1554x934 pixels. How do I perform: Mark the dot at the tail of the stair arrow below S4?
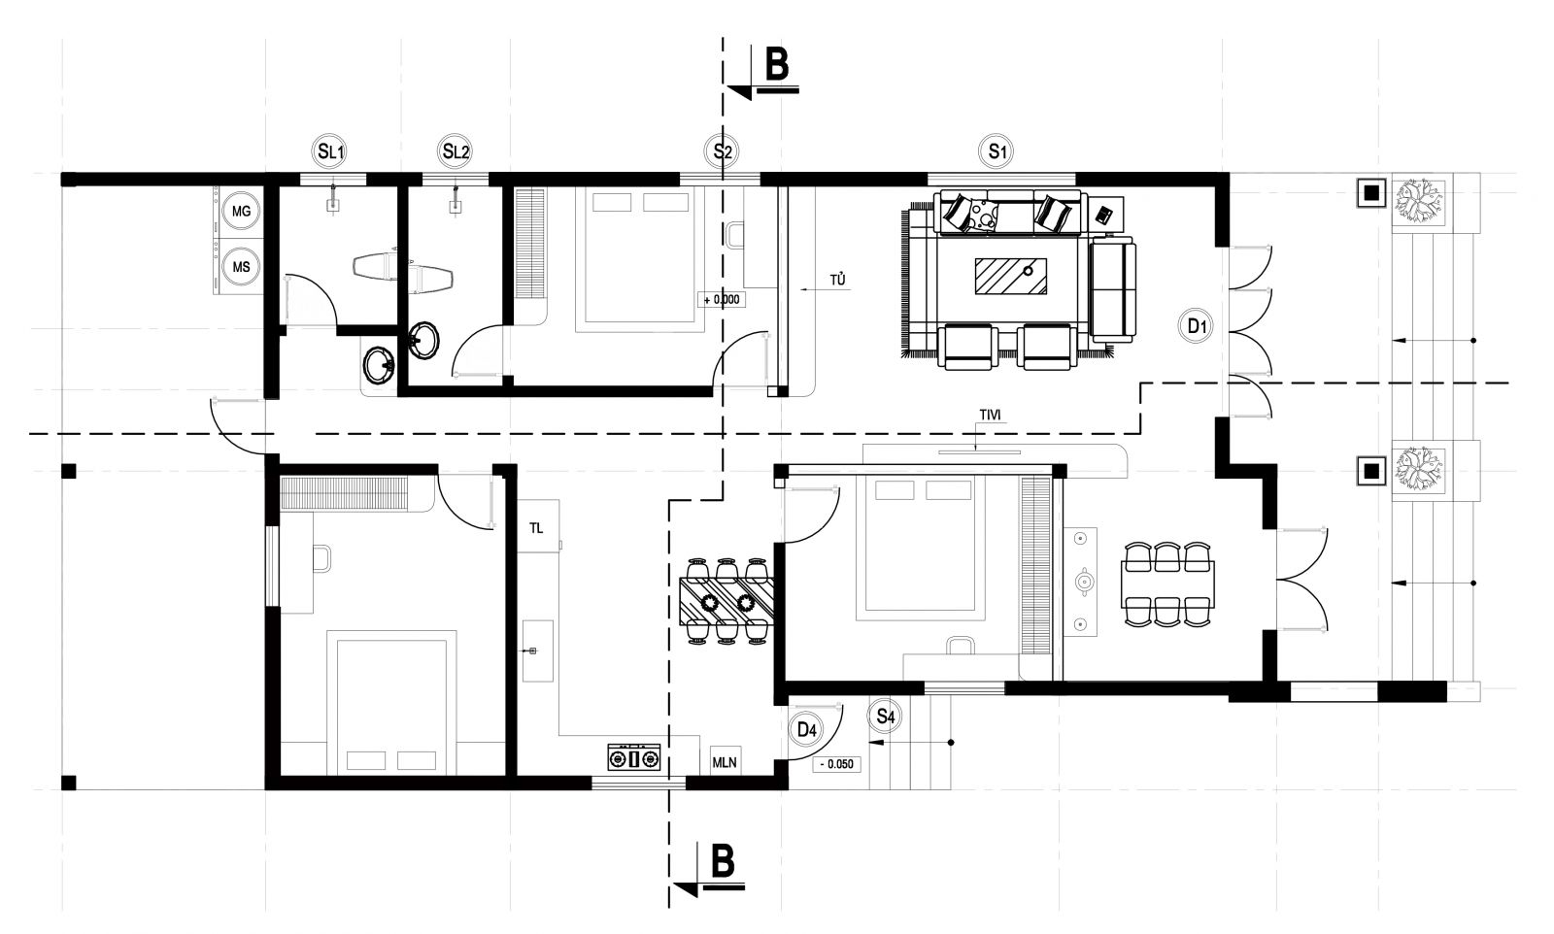951,743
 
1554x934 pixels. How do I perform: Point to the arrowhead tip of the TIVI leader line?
975,450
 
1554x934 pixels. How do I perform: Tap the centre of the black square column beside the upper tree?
1370,193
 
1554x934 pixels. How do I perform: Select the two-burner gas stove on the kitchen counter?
633,758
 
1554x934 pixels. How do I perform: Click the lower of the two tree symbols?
1419,470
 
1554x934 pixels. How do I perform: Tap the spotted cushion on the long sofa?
983,215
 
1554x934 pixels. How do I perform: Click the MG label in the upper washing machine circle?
241,210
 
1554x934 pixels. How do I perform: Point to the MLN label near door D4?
725,763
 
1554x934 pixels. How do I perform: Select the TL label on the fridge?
536,528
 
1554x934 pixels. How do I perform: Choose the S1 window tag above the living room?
997,151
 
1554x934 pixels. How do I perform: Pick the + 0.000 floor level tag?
722,300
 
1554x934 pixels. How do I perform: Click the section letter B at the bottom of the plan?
723,861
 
